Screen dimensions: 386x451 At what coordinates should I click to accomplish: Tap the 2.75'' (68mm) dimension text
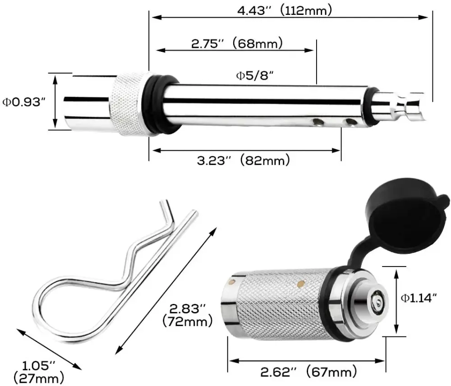[x=237, y=44]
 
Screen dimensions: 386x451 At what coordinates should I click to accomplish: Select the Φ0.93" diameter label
[x=24, y=102]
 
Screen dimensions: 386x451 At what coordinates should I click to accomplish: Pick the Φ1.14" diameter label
[x=419, y=298]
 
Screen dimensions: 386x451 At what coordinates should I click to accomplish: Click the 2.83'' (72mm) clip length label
[x=187, y=315]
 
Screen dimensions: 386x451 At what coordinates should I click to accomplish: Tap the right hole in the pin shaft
[x=350, y=122]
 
